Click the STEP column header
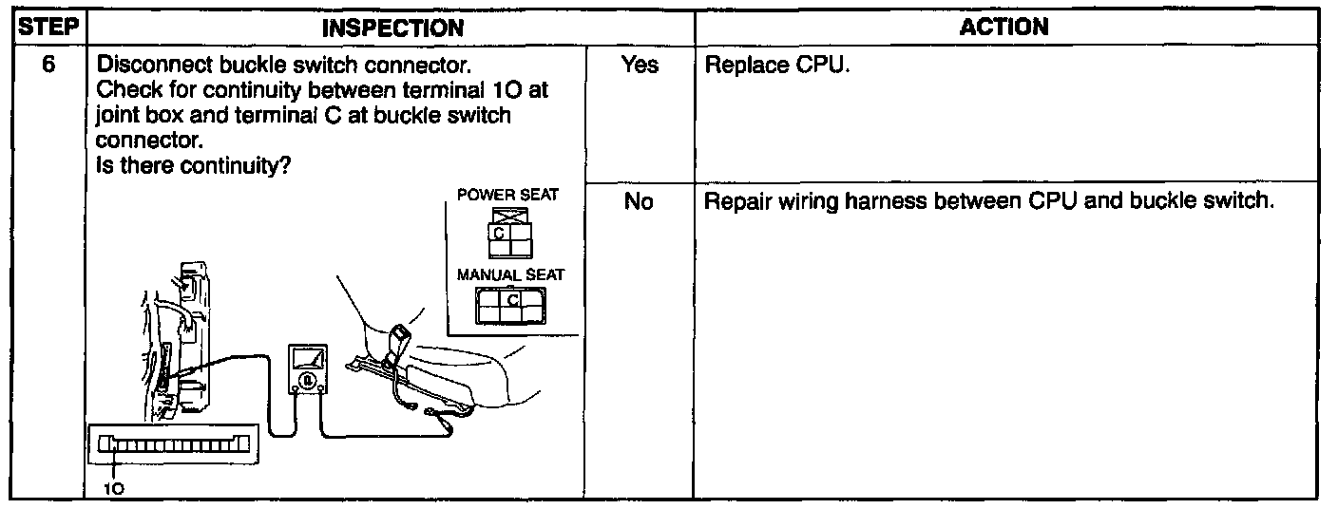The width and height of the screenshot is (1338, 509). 48,28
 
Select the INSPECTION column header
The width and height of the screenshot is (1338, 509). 392,28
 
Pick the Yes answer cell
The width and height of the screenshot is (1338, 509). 639,66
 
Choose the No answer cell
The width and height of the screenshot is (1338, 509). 639,202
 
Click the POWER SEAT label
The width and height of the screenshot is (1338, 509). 507,195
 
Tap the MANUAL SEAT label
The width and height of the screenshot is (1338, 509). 510,274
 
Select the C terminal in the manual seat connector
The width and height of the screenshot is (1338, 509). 512,300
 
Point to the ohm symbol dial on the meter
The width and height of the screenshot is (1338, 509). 307,382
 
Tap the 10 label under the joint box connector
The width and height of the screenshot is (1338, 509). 113,489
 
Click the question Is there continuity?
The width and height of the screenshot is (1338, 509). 194,165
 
